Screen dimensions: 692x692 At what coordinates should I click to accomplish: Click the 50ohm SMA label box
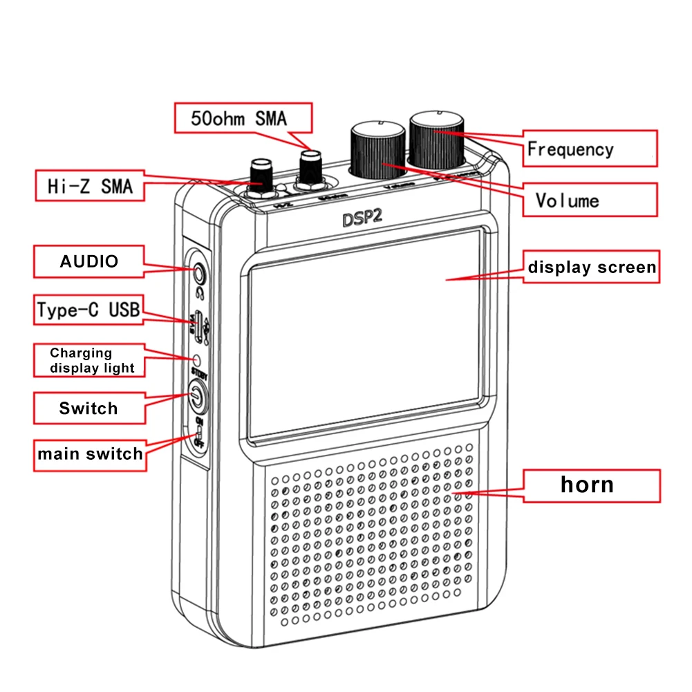243,118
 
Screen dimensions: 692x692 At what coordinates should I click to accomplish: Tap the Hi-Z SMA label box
91,185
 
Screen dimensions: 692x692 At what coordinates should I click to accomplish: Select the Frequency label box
588,149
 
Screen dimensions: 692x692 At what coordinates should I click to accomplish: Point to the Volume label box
588,200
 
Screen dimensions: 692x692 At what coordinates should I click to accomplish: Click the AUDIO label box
88,261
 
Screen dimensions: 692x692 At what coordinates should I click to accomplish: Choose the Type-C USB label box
88,310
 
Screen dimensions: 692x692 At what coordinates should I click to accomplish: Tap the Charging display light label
90,361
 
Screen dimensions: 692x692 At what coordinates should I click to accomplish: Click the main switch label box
90,454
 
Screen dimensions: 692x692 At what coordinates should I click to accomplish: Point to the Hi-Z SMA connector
261,178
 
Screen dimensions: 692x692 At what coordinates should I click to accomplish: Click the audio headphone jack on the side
199,274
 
